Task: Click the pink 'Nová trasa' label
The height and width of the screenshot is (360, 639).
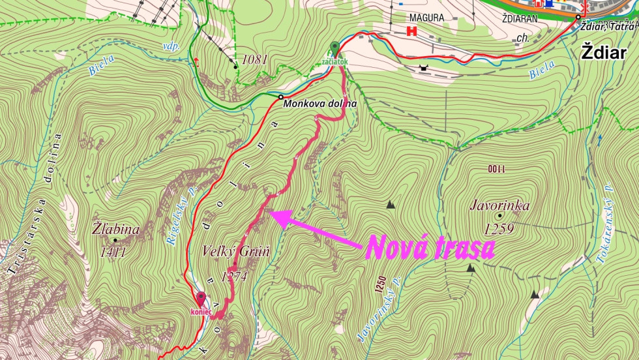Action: tap(430, 247)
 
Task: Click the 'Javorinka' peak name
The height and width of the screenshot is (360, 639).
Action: tap(499, 206)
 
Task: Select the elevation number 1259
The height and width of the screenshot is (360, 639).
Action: tap(499, 228)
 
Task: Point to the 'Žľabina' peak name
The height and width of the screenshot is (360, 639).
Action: tap(116, 230)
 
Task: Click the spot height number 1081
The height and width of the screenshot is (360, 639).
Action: tap(254, 60)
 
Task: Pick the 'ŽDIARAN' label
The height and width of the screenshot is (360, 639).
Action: tap(519, 18)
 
